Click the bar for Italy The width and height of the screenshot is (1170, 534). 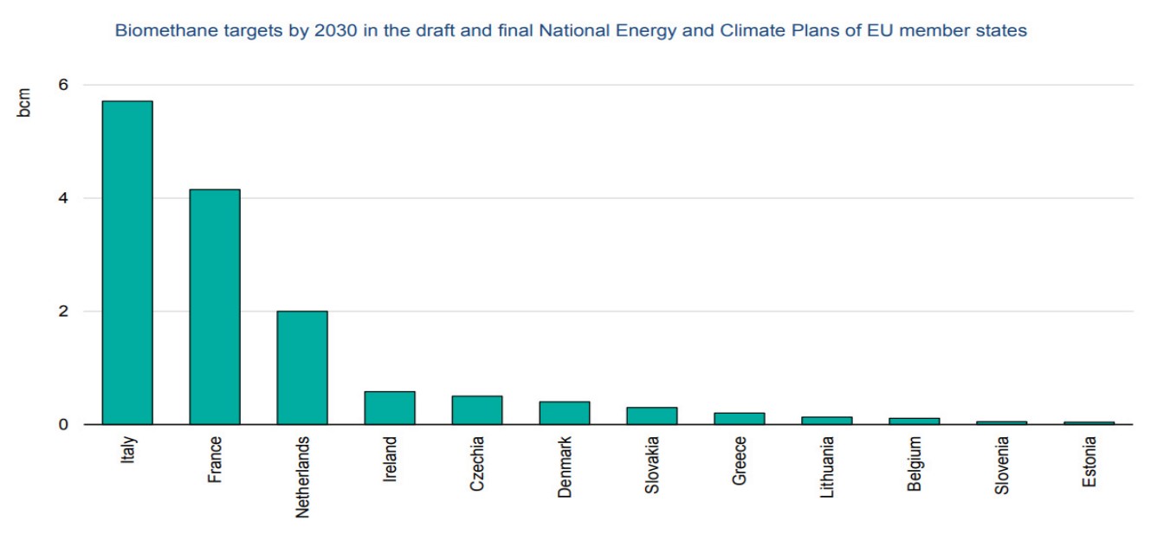(127, 262)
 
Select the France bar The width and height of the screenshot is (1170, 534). (215, 306)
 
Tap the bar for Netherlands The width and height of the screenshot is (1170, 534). (302, 368)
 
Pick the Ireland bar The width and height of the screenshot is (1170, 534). (390, 408)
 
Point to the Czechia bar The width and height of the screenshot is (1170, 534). (477, 410)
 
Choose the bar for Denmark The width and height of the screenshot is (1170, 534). (565, 413)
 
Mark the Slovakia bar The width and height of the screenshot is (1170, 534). (652, 415)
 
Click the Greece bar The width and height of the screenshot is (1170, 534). (740, 418)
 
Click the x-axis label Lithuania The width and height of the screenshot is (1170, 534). (827, 464)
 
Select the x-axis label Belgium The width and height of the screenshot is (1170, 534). (915, 464)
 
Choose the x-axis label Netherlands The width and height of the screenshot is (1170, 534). (302, 477)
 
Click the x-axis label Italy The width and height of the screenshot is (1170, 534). (127, 451)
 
